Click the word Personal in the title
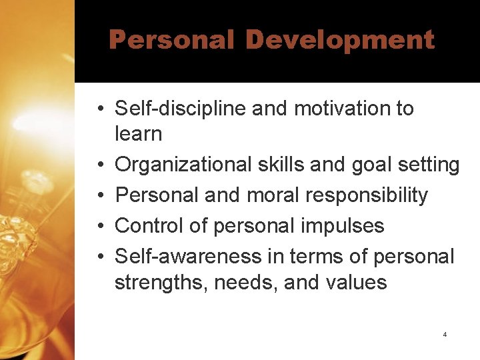tap(171, 40)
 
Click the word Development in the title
tap(340, 40)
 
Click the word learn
tap(138, 134)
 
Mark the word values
tap(356, 283)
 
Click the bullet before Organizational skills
tap(98, 165)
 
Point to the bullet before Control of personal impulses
tap(98, 227)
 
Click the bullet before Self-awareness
tap(98, 257)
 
